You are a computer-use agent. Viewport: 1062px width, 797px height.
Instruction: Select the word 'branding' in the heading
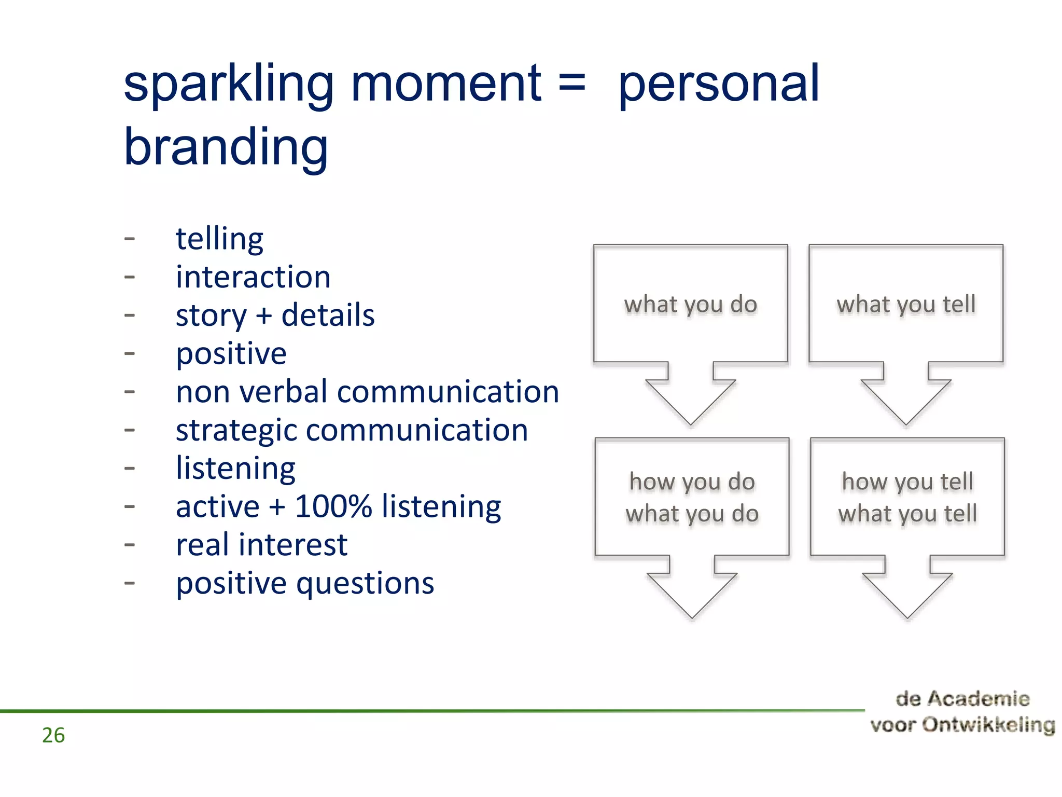(x=226, y=147)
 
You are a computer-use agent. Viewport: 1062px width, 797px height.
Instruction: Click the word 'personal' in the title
(x=719, y=84)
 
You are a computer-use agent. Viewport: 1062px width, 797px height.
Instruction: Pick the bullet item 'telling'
(x=219, y=239)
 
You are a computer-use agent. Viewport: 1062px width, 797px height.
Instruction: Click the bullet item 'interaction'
(x=253, y=277)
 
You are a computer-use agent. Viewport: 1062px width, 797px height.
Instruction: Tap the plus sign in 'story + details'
(x=264, y=315)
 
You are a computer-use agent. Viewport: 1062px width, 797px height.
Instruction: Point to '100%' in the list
(x=333, y=506)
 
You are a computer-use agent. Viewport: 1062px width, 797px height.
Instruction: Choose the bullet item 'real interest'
(x=261, y=545)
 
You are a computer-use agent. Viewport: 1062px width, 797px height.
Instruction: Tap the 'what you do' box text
(x=690, y=305)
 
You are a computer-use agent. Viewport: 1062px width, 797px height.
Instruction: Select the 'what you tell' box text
(x=906, y=305)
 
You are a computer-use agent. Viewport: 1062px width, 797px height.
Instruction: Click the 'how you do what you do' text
(x=692, y=498)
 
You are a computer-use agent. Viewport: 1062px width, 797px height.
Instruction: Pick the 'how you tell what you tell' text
(x=907, y=498)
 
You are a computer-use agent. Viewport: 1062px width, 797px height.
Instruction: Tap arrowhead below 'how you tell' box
(x=907, y=594)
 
